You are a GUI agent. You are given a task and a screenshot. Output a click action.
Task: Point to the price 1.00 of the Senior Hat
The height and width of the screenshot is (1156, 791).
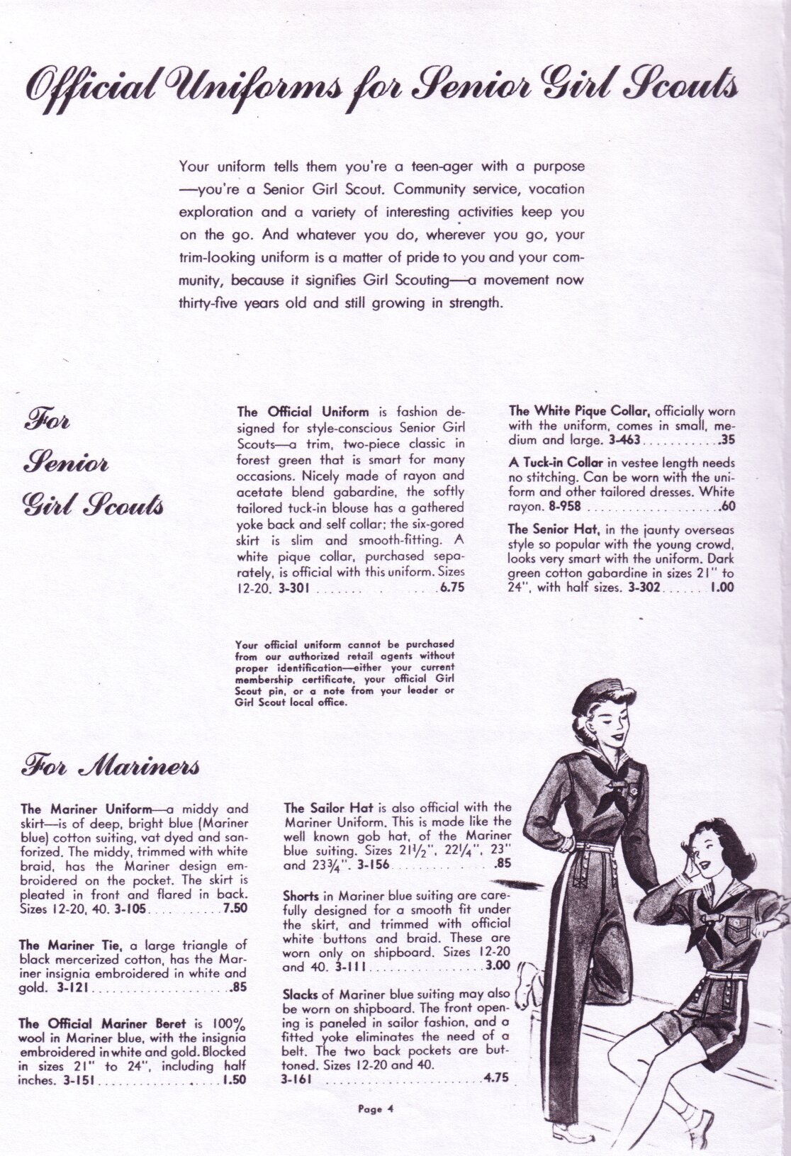pos(722,587)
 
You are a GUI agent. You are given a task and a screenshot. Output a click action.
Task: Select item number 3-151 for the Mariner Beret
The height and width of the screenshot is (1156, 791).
pos(78,1082)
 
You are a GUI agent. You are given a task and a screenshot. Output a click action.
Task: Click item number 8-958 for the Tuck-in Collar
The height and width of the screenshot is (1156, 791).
pos(563,507)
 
